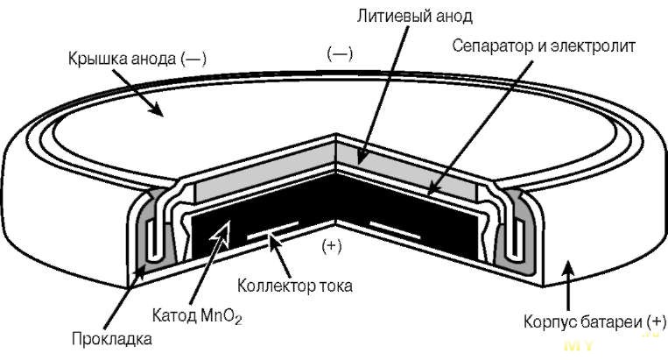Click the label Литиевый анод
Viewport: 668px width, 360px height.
pos(414,16)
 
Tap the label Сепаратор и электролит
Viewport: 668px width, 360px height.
pos(543,46)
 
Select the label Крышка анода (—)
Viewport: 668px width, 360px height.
pos(137,59)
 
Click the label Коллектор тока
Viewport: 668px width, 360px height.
pos(294,285)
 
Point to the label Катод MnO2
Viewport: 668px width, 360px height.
pos(197,316)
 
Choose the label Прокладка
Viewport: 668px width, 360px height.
pos(111,339)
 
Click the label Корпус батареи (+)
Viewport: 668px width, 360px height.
pos(594,321)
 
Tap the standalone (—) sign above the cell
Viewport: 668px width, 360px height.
pos(340,53)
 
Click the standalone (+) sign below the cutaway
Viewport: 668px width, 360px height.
pos(333,246)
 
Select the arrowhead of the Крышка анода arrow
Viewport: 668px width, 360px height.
pos(156,109)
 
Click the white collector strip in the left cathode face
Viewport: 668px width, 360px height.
pos(272,229)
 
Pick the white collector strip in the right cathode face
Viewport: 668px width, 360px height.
pos(395,229)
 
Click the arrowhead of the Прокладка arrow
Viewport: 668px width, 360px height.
pos(139,271)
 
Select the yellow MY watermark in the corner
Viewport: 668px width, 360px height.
pos(579,345)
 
